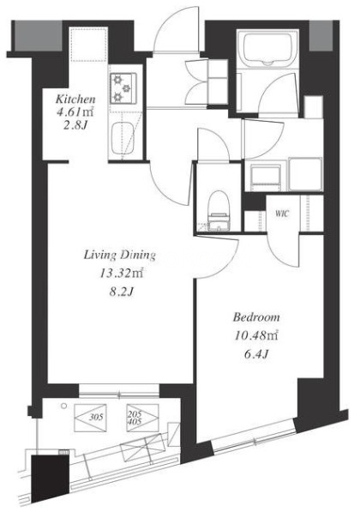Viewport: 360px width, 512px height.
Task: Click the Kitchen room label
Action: (75, 99)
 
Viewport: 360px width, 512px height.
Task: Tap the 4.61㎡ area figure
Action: (75, 112)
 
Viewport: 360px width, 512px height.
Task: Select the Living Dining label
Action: (120, 255)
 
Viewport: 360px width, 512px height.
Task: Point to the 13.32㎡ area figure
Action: (122, 274)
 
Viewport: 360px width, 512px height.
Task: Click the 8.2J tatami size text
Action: (122, 292)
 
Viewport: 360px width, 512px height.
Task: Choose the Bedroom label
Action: (256, 317)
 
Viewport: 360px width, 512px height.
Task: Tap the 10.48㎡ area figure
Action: (256, 335)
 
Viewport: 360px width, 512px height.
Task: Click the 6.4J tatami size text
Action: (256, 354)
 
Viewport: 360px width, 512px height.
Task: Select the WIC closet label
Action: (282, 214)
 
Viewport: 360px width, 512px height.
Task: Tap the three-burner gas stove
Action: (123, 88)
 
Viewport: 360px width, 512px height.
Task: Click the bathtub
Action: (267, 47)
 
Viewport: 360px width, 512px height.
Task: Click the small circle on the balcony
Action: (64, 406)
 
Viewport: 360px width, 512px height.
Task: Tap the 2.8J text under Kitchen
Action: (75, 125)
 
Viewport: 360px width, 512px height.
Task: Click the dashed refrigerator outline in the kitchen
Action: (88, 45)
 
